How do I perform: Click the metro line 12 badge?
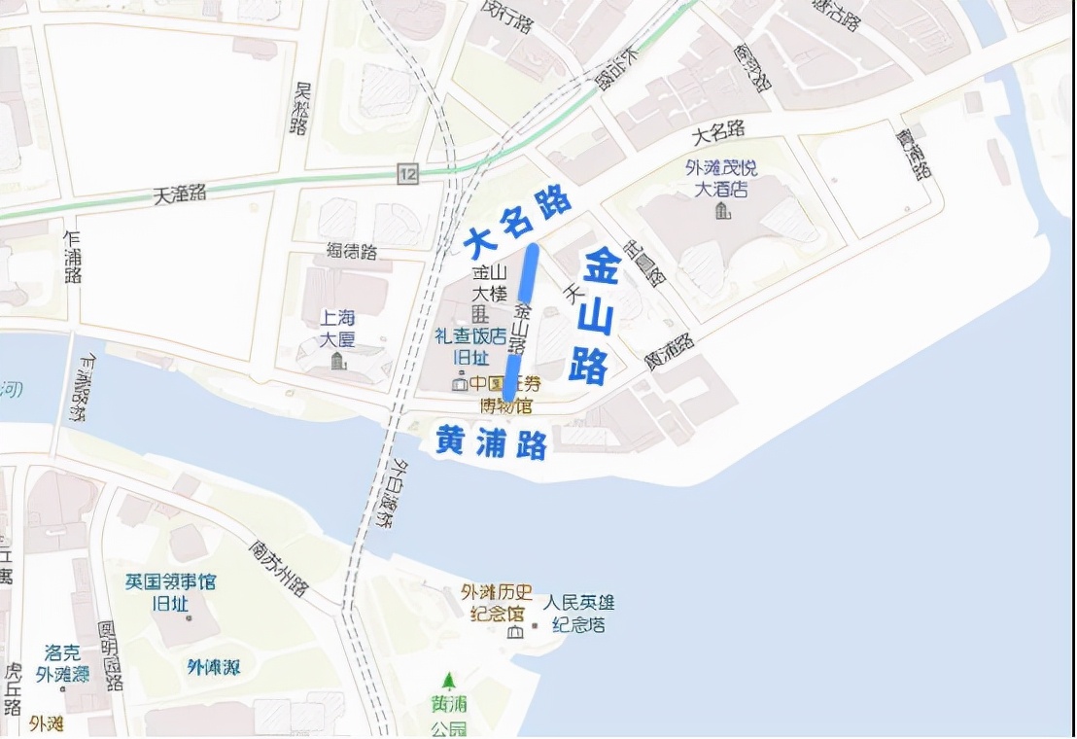pos(407,173)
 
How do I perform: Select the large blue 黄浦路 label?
pos(490,443)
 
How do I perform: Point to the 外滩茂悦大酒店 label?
pos(720,179)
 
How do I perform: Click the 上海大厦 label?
pos(338,329)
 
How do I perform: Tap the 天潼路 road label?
pos(180,194)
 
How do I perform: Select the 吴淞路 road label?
pos(302,108)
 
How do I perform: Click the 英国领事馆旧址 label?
pos(170,592)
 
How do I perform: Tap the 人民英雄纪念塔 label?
pos(578,614)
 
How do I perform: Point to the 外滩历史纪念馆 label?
pos(497,603)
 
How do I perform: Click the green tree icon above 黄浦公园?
pos(448,681)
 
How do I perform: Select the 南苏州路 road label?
pos(278,568)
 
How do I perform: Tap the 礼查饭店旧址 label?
pos(470,346)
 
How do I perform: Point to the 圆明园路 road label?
pos(111,655)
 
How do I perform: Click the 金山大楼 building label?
pos(483,282)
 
